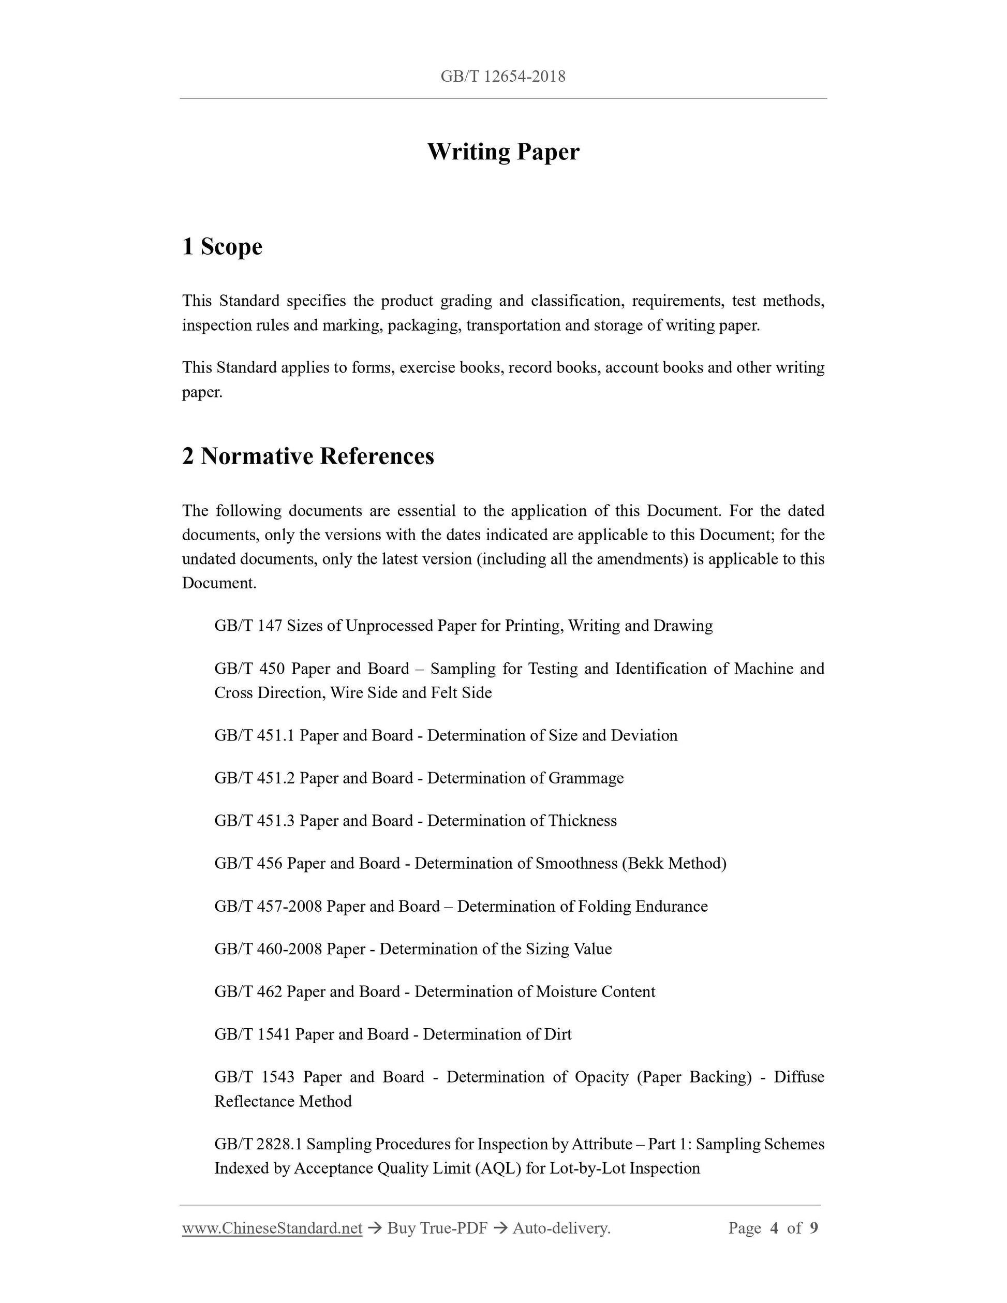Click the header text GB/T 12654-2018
pos(503,77)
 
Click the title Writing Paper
pos(503,152)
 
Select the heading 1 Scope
pos(222,246)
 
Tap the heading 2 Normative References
pos(308,456)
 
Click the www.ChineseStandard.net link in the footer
pos(272,1228)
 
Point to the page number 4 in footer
pos(774,1228)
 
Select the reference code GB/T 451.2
pos(255,778)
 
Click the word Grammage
pos(586,778)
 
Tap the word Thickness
pos(582,821)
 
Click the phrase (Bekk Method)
pos(674,863)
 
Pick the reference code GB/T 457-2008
pos(269,906)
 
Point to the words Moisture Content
pos(596,991)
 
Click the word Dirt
pos(558,1034)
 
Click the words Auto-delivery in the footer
pos(561,1228)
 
